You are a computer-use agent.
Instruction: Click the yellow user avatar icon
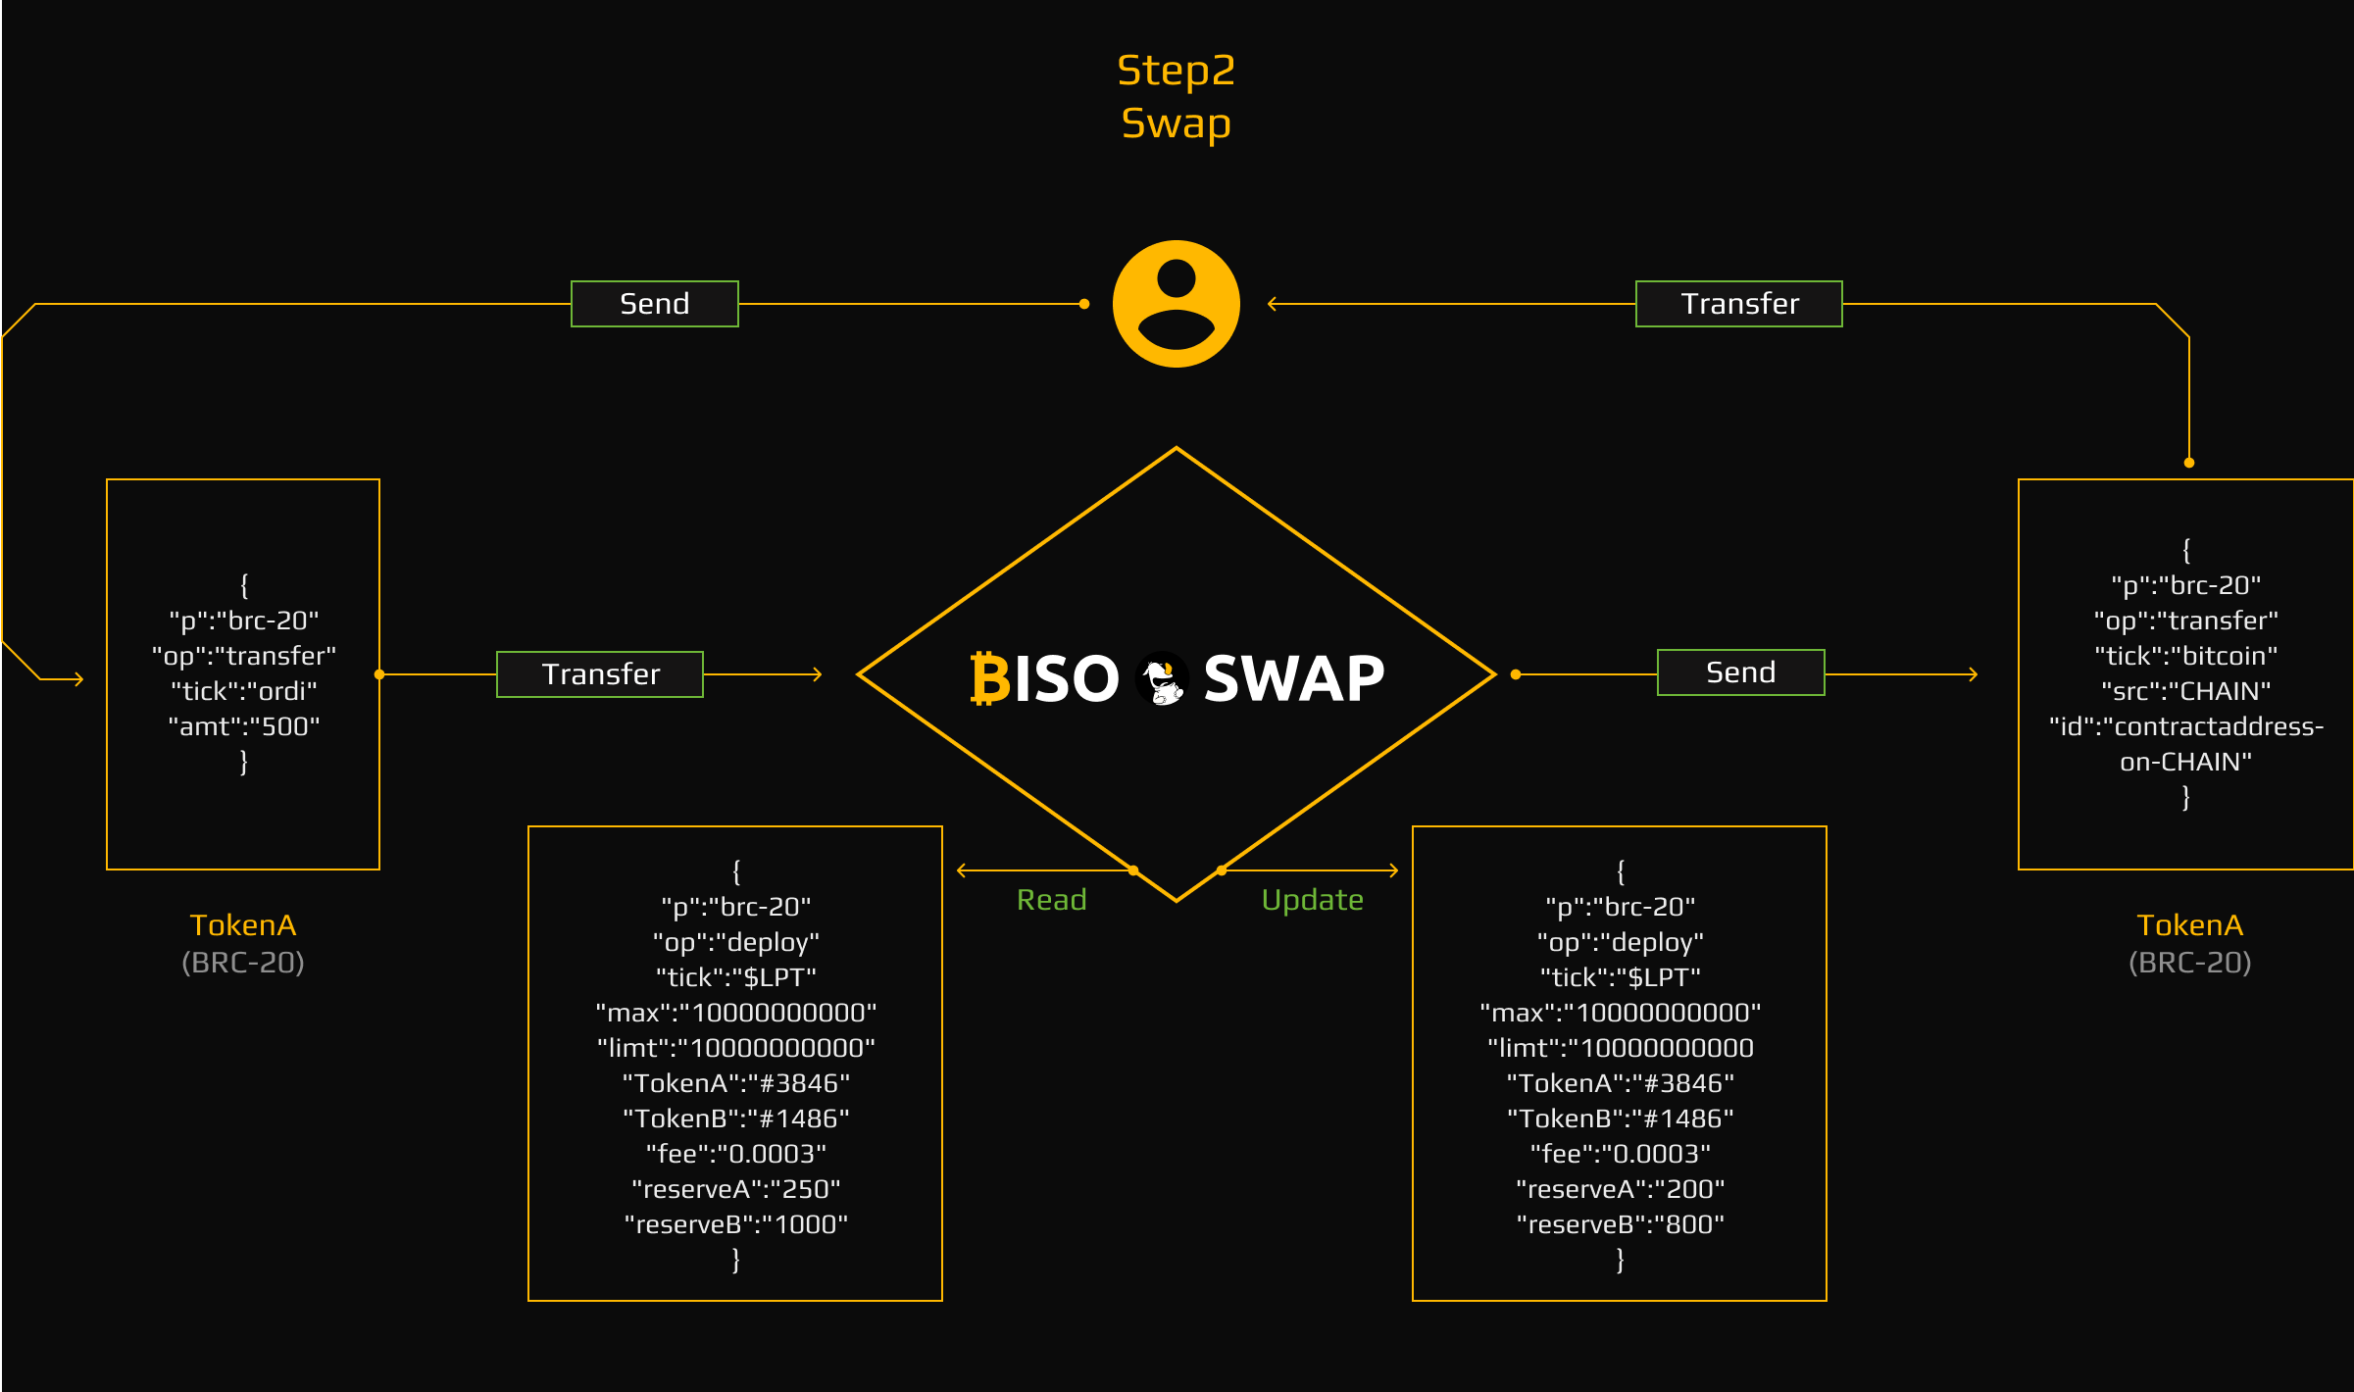tap(1176, 304)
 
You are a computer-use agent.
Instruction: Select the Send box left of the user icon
tap(654, 304)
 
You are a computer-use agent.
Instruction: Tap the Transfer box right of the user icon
tap(1738, 304)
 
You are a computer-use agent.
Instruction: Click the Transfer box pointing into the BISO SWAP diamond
tap(600, 674)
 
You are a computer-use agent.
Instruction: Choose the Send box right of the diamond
tap(1740, 672)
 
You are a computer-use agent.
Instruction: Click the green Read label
tap(1051, 900)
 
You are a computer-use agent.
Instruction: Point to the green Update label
tap(1312, 900)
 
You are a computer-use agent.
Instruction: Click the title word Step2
tap(1176, 71)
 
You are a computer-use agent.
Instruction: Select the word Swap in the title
tap(1176, 124)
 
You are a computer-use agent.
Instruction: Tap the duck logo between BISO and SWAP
tap(1162, 678)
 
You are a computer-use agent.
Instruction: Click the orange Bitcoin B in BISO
tap(989, 678)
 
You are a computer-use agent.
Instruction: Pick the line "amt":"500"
tap(244, 726)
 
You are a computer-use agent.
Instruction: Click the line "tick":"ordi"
tap(244, 691)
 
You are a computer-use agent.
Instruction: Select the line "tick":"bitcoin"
tap(2185, 656)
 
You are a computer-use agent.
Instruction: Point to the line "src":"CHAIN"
tap(2185, 691)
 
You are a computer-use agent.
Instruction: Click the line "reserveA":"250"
tap(735, 1189)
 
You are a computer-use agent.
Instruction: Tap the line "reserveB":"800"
tap(1620, 1224)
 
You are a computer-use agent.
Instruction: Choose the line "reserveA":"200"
tap(1620, 1189)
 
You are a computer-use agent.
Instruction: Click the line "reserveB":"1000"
tap(735, 1224)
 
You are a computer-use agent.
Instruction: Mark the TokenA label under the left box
tap(243, 925)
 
